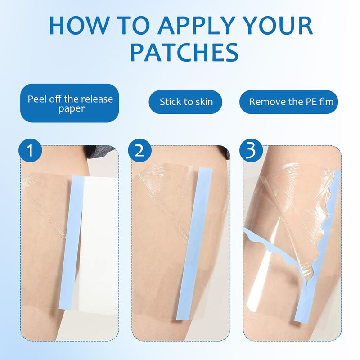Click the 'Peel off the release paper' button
tap(70, 103)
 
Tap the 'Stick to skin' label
tap(186, 102)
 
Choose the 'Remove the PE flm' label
tap(291, 102)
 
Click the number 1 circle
tap(31, 151)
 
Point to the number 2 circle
tap(139, 151)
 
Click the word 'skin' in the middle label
tap(202, 102)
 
